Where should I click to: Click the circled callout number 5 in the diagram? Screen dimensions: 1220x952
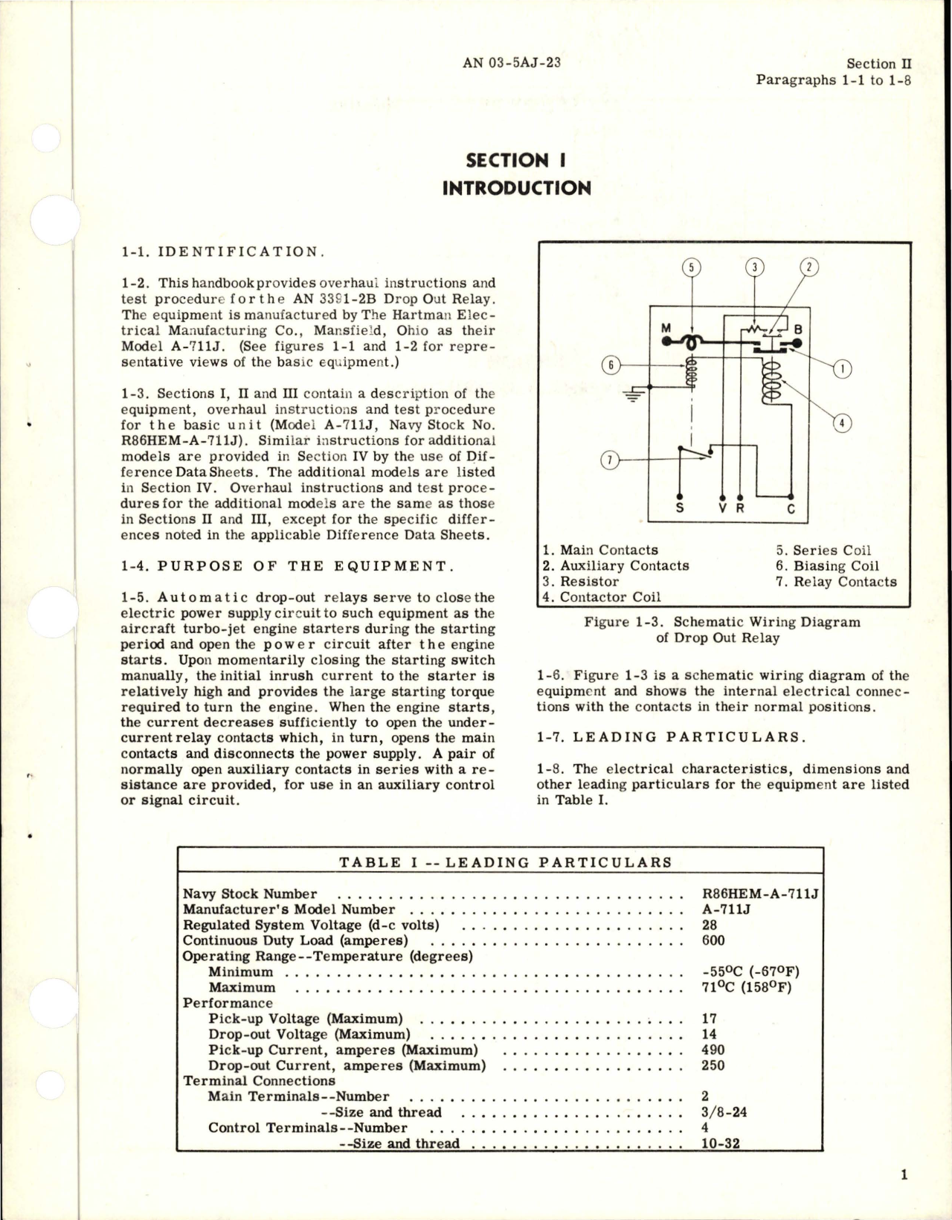click(691, 269)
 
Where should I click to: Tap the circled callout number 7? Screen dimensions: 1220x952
click(608, 461)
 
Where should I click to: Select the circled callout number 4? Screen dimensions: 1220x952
click(842, 423)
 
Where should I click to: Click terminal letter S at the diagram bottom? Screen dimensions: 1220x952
click(678, 509)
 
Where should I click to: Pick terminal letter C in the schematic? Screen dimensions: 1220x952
click(791, 509)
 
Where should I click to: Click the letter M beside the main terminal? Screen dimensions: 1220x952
click(666, 328)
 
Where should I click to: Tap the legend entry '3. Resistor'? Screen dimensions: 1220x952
click(581, 581)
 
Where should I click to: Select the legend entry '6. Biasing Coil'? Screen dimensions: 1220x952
click(827, 565)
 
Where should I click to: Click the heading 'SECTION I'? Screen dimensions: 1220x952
click(517, 160)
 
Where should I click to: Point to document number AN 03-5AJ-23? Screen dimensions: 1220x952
click(511, 62)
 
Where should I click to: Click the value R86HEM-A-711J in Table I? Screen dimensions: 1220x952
click(759, 893)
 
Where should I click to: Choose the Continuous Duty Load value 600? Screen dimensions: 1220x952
click(713, 940)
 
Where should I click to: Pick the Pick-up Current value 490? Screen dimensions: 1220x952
click(713, 1050)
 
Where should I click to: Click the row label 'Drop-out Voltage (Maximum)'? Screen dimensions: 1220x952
click(309, 1034)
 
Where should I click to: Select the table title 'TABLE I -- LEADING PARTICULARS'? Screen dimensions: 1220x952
click(505, 862)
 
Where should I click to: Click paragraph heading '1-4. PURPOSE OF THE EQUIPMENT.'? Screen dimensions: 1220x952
click(287, 565)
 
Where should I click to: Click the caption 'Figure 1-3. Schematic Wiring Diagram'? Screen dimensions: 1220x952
click(721, 622)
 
